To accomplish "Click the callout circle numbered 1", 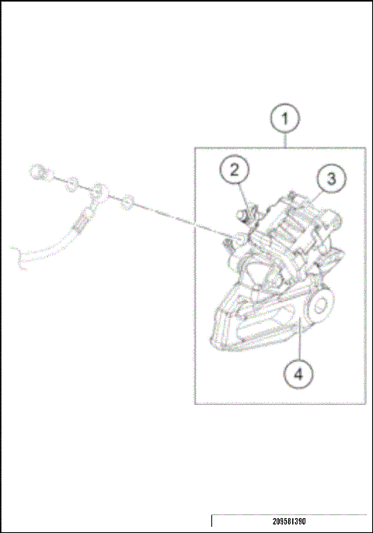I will click(285, 120).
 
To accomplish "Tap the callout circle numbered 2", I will click(234, 171).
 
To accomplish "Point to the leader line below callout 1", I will click(285, 141).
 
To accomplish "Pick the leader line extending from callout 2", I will click(242, 194).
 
